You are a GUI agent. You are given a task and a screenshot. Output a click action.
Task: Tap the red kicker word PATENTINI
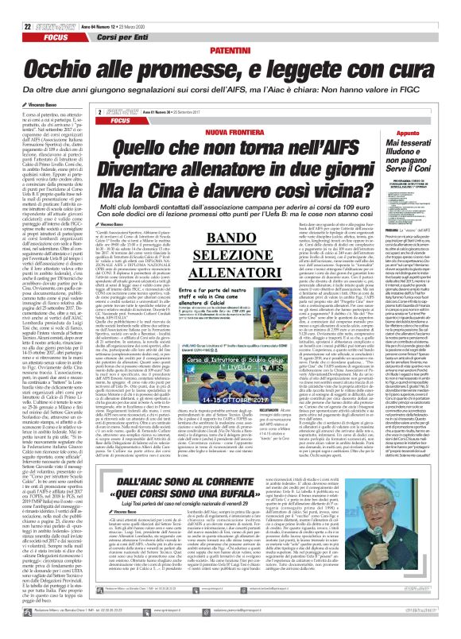(x=230, y=28)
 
